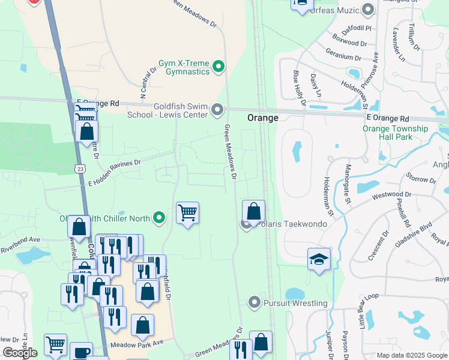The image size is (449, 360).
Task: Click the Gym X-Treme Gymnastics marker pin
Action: [x=218, y=66]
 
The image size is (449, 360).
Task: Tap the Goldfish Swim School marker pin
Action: [x=217, y=110]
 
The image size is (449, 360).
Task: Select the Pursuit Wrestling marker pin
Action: [x=255, y=302]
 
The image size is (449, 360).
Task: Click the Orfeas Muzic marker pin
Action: [x=369, y=9]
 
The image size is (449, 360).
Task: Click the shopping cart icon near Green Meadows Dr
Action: [x=188, y=212]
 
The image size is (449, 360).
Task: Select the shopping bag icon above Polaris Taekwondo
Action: [x=254, y=211]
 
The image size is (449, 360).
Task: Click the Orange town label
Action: [x=263, y=118]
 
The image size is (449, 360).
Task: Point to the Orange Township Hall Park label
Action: [x=395, y=133]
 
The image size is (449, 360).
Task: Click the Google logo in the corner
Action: [x=20, y=353]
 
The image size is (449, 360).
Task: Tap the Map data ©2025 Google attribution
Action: [x=411, y=355]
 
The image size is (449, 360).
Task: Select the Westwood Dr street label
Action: [x=391, y=195]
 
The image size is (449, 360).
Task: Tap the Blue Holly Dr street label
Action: [x=299, y=89]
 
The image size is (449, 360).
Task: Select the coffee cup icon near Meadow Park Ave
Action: [x=81, y=352]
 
